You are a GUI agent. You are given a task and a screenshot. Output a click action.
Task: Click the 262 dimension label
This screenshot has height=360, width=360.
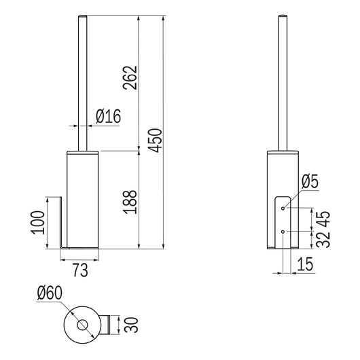coord(130,77)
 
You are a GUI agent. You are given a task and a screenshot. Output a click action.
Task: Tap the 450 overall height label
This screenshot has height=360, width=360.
coord(155,141)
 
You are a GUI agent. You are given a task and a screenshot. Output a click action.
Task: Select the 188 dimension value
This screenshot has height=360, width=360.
coord(130,202)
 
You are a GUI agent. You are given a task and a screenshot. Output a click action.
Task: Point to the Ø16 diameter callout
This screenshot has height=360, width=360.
coord(108,116)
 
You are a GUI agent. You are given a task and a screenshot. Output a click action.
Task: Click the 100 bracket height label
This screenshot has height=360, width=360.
coord(37,223)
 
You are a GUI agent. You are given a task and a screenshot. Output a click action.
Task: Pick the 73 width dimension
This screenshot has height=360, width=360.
coord(80,270)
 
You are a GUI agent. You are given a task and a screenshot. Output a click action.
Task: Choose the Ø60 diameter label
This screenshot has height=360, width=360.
coord(50,293)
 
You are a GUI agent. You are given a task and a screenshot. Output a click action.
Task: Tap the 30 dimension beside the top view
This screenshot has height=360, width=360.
coord(131,325)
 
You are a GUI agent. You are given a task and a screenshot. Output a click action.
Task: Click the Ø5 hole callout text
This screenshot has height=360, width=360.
coord(310,181)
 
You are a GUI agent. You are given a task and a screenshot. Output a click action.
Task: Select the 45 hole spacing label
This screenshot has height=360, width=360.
coord(323,219)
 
